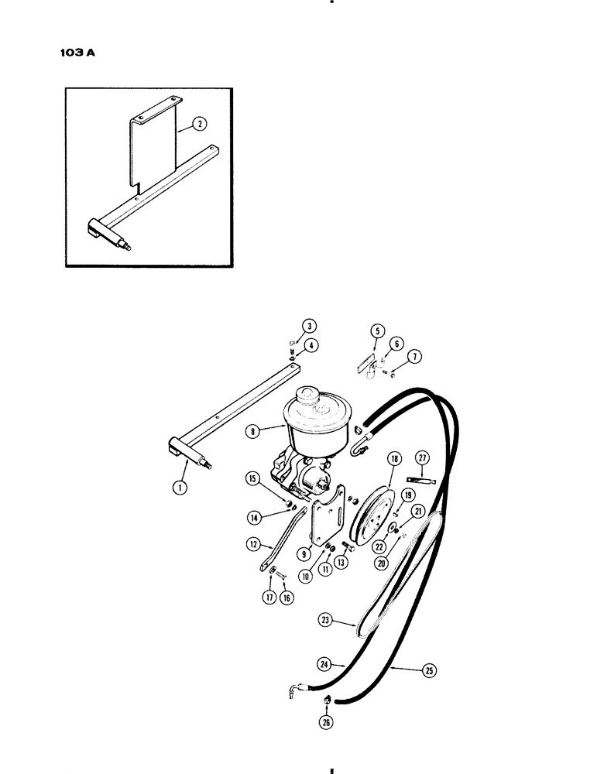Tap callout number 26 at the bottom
(x=325, y=723)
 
